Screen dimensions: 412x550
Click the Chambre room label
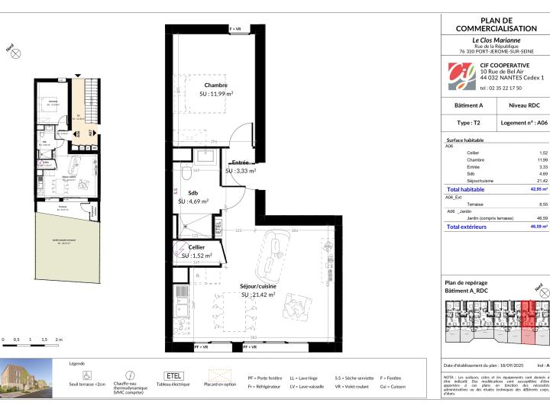[216, 85]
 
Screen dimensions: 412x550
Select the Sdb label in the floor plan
[194, 194]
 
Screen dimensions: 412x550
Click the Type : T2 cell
[469, 122]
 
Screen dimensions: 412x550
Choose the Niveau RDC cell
[522, 105]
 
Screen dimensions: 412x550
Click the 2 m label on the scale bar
[59, 339]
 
